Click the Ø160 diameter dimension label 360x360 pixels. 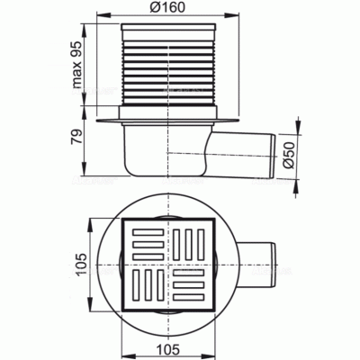[x=167, y=7]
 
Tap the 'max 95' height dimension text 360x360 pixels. [x=77, y=65]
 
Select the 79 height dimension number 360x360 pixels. [x=77, y=138]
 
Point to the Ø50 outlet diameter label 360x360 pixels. [x=289, y=155]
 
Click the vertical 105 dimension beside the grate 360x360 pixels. [x=81, y=265]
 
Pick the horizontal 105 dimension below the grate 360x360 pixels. [x=167, y=349]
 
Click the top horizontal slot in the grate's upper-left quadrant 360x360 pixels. [x=148, y=232]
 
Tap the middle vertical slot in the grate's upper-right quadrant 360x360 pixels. [x=188, y=245]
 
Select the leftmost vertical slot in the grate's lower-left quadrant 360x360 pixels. [x=136, y=285]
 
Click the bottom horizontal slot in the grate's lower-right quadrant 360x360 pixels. [x=189, y=297]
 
